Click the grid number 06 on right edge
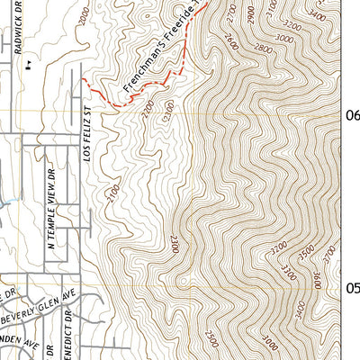click(x=352, y=114)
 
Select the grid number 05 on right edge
click(x=352, y=288)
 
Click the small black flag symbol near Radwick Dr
click(x=30, y=65)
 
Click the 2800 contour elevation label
click(x=261, y=48)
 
